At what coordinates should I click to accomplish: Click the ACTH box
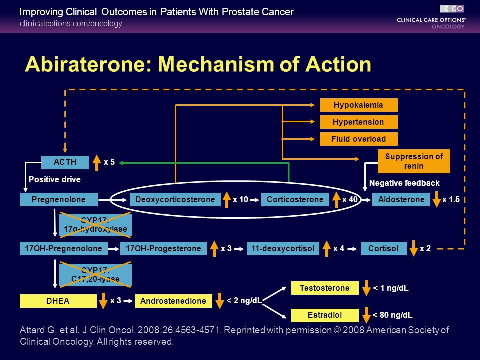[x=65, y=162]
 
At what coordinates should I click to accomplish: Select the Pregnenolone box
[x=59, y=199]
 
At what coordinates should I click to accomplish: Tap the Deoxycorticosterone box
[x=175, y=199]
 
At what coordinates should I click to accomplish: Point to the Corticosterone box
[x=295, y=199]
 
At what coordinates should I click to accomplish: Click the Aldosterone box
[x=401, y=199]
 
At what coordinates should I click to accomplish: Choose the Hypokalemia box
[x=359, y=105]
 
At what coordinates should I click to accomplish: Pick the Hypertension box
[x=359, y=122]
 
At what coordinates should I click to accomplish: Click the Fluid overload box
[x=359, y=139]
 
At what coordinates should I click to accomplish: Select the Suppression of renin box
[x=414, y=161]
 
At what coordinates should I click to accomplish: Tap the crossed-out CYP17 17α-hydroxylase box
[x=95, y=225]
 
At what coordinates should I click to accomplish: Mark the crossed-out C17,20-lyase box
[x=95, y=275]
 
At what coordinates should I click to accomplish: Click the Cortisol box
[x=384, y=248]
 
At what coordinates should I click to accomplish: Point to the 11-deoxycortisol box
[x=283, y=248]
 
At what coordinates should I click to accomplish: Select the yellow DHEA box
[x=58, y=301]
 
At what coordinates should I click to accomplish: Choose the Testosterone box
[x=325, y=288]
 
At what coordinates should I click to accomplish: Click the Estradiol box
[x=325, y=315]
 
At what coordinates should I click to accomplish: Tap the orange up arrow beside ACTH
[x=97, y=162]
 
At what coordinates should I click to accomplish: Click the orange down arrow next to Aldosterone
[x=437, y=200]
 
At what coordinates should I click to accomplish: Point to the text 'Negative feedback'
[x=404, y=183]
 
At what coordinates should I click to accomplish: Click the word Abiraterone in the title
[x=89, y=64]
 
